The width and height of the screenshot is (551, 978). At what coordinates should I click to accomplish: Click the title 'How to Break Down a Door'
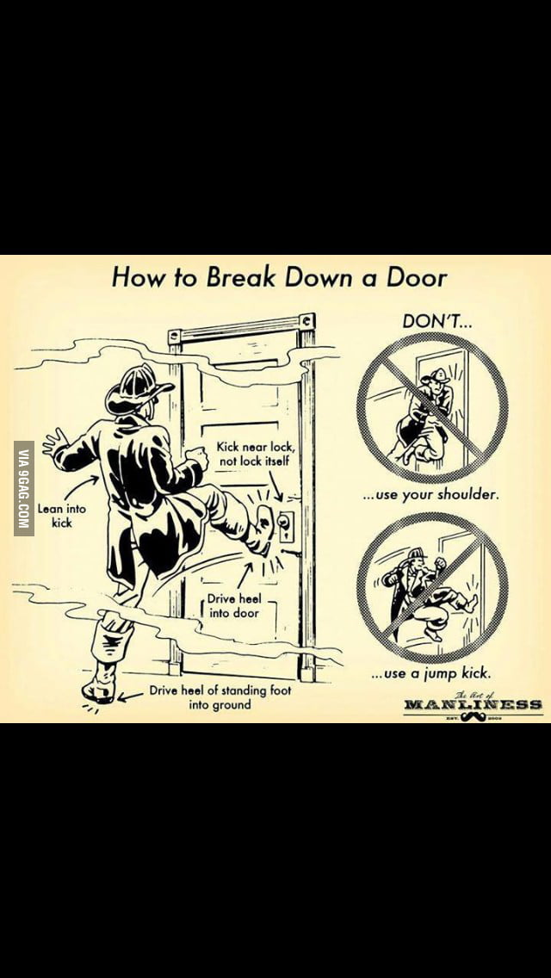280,277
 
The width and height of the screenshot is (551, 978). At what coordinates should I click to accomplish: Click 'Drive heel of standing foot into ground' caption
220,697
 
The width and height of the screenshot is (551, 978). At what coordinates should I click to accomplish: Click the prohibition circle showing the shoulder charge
432,407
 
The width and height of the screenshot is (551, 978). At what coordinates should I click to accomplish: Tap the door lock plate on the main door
285,523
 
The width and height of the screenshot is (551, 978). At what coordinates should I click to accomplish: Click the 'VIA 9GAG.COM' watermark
24,488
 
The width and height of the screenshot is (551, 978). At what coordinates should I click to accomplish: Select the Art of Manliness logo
473,703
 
